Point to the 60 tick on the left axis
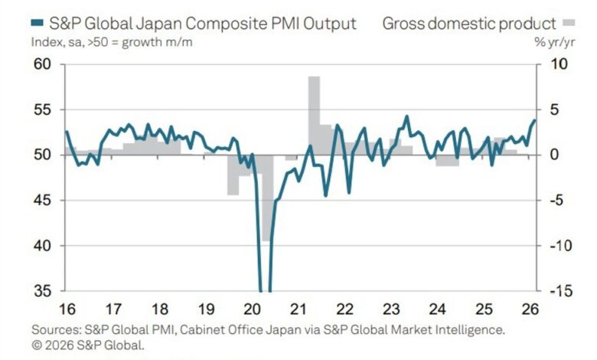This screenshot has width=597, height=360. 41,64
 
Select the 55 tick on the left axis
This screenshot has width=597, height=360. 41,110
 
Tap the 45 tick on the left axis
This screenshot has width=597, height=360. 41,201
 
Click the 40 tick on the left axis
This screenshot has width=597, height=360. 41,246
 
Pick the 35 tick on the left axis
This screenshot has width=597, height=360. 41,291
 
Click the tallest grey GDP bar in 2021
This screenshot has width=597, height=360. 314,115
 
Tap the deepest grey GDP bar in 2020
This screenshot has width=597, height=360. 266,199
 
